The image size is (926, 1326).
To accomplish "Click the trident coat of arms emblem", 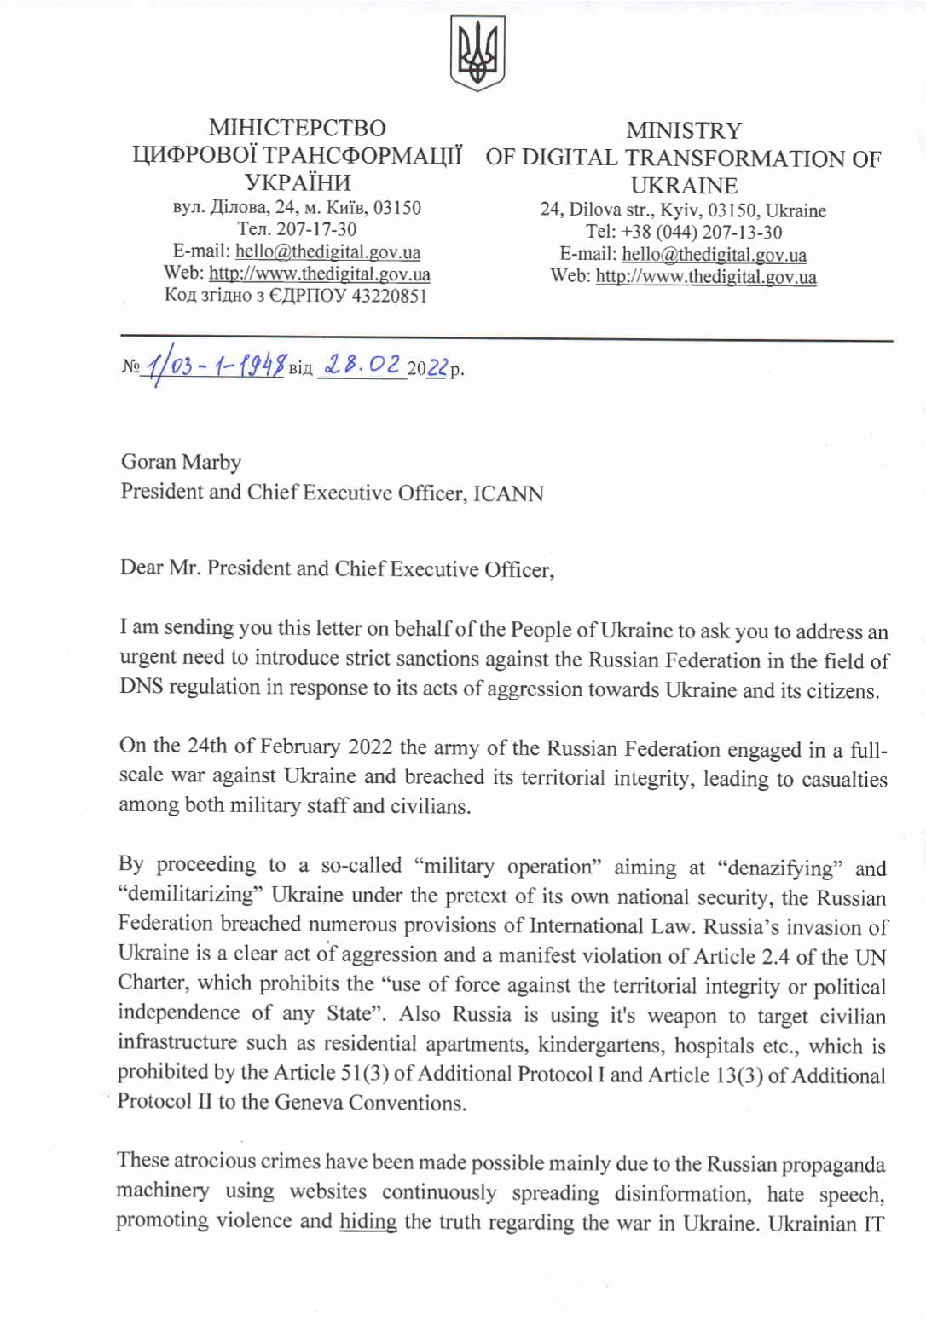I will pyautogui.click(x=477, y=53).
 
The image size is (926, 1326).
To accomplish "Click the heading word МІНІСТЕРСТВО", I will pyautogui.click(x=297, y=128).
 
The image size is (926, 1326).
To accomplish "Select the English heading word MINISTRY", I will pyautogui.click(x=684, y=130).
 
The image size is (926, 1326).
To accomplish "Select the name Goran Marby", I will pyautogui.click(x=181, y=462).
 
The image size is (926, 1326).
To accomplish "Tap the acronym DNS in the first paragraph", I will pyautogui.click(x=141, y=687).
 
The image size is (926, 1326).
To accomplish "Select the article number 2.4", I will pyautogui.click(x=774, y=956).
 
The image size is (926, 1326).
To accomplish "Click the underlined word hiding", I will pyautogui.click(x=368, y=1221).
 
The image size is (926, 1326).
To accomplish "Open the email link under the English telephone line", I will pyautogui.click(x=714, y=255).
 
